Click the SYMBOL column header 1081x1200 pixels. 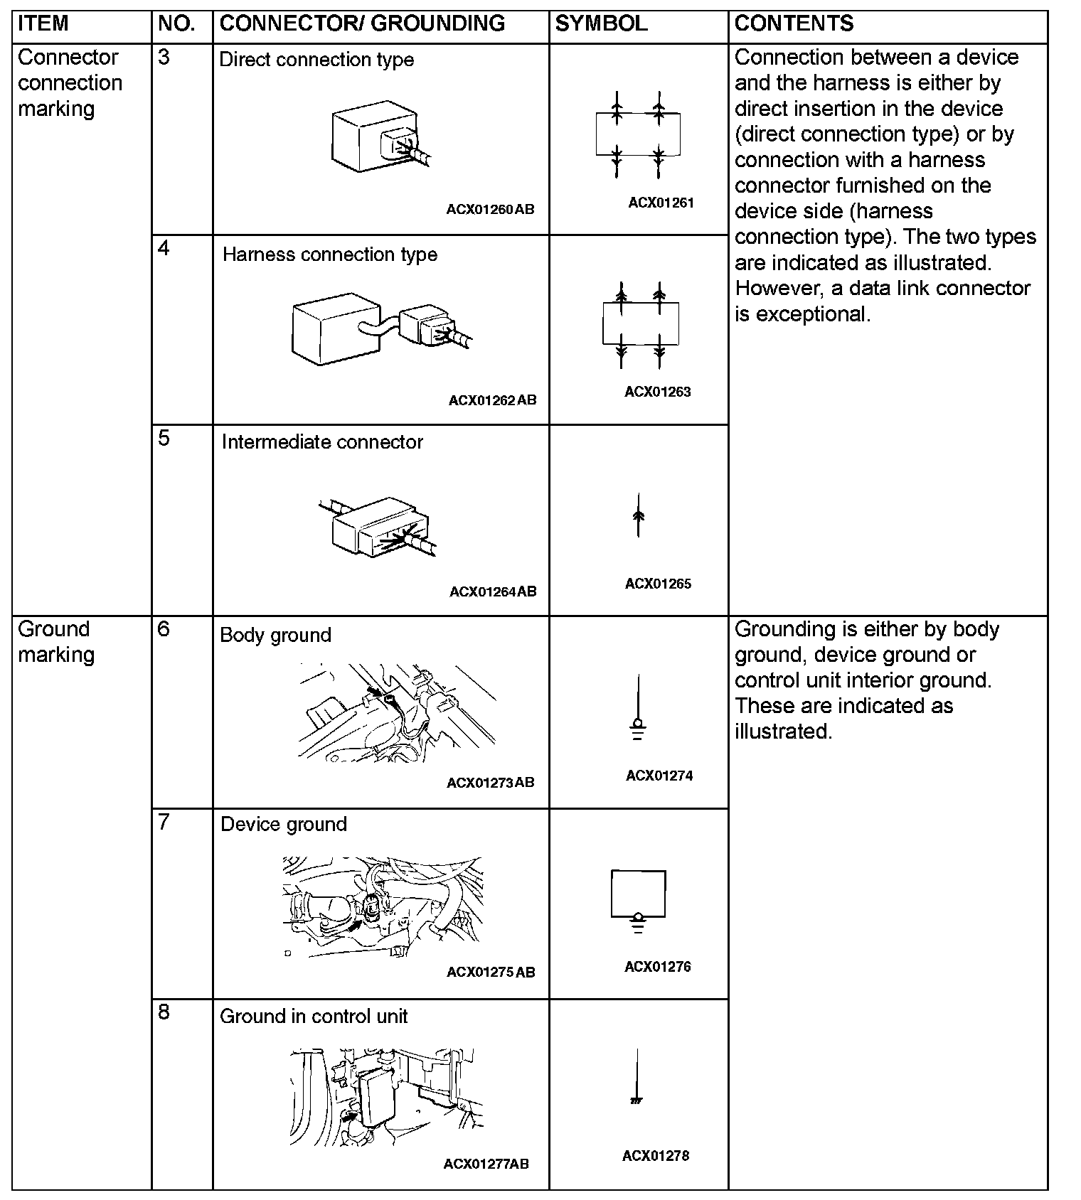(601, 23)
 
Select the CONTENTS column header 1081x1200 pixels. (794, 23)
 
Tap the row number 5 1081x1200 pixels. (164, 438)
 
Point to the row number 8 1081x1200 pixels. (164, 1012)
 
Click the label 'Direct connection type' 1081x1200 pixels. (316, 60)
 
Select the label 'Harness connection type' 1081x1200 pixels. (330, 255)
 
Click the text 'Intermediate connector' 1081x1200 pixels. (322, 442)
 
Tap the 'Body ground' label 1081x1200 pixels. (275, 635)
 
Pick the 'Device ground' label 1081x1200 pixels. (284, 824)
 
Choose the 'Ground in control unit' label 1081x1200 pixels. (314, 1016)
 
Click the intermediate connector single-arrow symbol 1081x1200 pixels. (638, 515)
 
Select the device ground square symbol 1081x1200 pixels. (638, 897)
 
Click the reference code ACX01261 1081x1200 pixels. (661, 203)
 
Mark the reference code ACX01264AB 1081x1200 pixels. (493, 591)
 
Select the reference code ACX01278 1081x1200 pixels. (656, 1155)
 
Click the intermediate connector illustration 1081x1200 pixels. (377, 526)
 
